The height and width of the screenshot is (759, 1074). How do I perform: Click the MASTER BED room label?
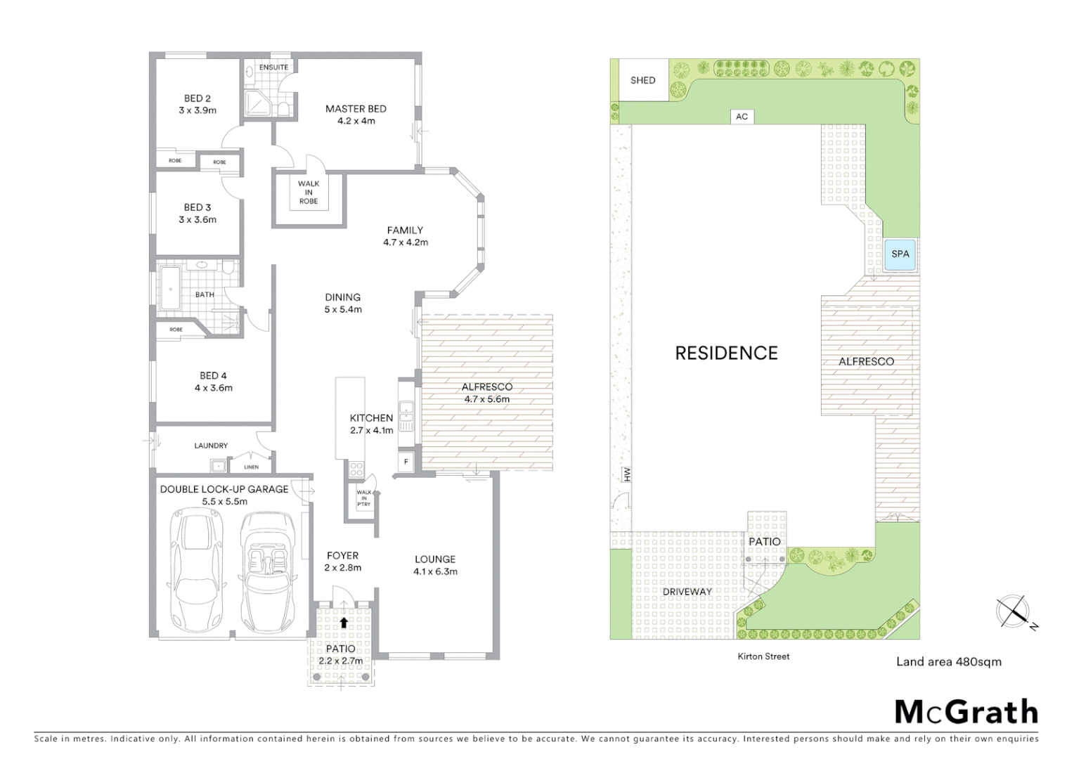click(356, 109)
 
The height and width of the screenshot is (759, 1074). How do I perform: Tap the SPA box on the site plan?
click(900, 254)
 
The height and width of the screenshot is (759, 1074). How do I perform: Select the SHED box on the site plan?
click(642, 80)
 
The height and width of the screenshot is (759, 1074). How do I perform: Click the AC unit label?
click(742, 117)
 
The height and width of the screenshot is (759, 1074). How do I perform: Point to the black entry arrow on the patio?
click(344, 623)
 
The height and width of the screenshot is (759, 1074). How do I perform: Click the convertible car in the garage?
click(267, 571)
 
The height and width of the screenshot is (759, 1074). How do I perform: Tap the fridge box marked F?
click(406, 462)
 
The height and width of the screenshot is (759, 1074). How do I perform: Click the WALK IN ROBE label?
click(309, 193)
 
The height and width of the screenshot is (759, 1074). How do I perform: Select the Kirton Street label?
click(763, 656)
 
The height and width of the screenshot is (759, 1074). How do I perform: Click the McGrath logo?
click(966, 712)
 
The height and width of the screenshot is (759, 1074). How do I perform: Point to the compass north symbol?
click(1014, 611)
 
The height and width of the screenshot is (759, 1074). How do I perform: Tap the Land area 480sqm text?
click(948, 661)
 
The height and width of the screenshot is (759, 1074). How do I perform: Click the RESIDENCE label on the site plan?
click(726, 353)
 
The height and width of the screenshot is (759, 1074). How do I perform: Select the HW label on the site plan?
click(627, 475)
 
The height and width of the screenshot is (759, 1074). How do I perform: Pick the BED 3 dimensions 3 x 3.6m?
click(198, 220)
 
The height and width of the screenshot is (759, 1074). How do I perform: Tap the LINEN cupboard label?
click(251, 467)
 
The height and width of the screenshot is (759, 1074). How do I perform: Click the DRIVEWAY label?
click(687, 592)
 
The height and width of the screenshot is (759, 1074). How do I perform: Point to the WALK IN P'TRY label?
click(363, 498)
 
